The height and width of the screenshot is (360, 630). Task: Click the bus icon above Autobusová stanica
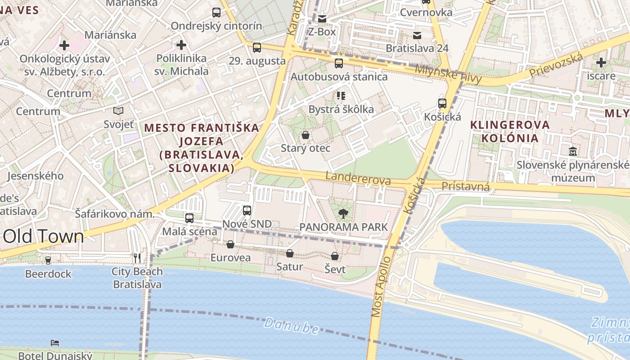(339, 63)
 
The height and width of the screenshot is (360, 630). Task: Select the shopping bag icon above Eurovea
(230, 244)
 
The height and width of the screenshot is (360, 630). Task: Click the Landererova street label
(358, 178)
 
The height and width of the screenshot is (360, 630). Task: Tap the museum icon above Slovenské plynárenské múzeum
(573, 151)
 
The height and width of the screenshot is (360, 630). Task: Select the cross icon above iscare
(601, 63)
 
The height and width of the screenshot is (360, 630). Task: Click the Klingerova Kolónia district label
(510, 131)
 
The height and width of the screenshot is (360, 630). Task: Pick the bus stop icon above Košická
(442, 103)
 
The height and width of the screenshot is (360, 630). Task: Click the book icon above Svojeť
(118, 111)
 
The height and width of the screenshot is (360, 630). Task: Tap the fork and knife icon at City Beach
(137, 258)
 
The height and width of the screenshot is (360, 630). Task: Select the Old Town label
(43, 237)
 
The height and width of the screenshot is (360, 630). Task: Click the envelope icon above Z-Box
(322, 19)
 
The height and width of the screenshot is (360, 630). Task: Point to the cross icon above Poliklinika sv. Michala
(181, 45)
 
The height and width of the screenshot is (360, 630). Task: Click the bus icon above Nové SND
(247, 210)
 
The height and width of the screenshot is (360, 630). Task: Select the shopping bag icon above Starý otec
(306, 135)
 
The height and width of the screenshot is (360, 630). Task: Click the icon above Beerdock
(48, 260)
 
